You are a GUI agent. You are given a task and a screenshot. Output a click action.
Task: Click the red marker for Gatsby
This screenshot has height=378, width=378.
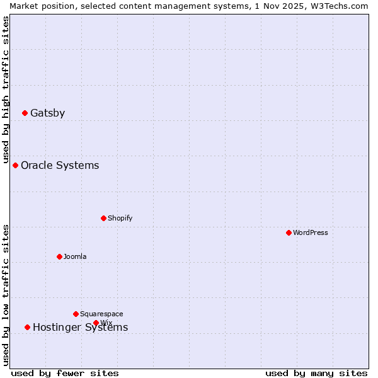tap(25, 113)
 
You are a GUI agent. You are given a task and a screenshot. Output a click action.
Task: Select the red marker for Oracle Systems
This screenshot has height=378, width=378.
tap(16, 165)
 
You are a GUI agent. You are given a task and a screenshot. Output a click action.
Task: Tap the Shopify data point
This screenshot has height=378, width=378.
tap(103, 218)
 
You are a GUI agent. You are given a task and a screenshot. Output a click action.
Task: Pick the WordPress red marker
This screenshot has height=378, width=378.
tap(289, 232)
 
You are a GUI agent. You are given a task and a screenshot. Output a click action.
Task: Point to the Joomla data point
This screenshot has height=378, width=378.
tap(59, 256)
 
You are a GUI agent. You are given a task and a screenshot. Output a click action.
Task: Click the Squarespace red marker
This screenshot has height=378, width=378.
tap(76, 314)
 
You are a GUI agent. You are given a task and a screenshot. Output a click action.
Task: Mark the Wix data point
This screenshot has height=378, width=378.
tap(96, 323)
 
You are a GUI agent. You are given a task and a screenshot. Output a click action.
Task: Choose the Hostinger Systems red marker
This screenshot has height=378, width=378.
tap(27, 327)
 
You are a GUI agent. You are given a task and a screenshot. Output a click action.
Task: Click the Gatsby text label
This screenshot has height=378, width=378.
tap(47, 113)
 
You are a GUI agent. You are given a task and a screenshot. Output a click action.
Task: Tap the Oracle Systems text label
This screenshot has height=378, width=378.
tap(60, 165)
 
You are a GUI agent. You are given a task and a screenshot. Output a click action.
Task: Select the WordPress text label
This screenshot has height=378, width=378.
tap(311, 232)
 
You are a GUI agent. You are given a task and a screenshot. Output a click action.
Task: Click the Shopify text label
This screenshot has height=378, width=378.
tap(120, 218)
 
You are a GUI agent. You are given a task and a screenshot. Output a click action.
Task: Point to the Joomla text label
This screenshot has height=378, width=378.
tap(75, 256)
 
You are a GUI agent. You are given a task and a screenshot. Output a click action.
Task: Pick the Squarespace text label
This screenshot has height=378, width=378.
tap(101, 314)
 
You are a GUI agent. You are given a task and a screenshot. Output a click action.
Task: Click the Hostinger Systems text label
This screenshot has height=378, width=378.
tap(80, 328)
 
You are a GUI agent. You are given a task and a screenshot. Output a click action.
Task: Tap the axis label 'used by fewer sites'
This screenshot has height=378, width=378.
tap(65, 373)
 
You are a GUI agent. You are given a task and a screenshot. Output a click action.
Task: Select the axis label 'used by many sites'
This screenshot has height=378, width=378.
tap(316, 373)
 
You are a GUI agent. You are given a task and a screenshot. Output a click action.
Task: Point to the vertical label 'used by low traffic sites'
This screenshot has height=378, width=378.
tap(6, 295)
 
